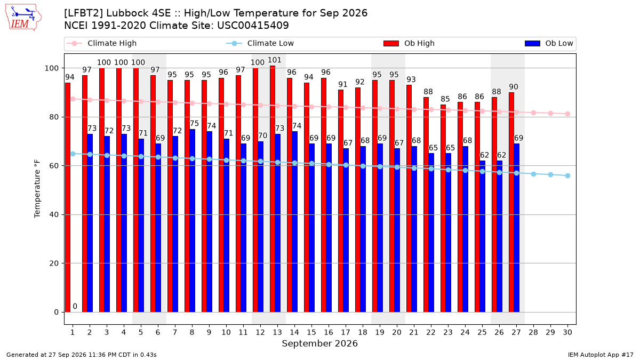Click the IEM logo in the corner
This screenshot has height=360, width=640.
coord(23,17)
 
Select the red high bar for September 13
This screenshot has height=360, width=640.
coord(273,189)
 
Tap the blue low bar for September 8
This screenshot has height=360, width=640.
coord(193,221)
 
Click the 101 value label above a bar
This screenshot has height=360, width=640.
coord(275,60)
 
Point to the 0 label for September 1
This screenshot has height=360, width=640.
coord(75,306)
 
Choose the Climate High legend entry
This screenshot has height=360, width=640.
coord(102,43)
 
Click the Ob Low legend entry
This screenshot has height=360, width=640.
coord(549,43)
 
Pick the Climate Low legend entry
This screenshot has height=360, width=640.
coord(260,43)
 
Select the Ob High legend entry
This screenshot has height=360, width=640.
coord(409,43)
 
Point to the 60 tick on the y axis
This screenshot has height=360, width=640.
coord(54,166)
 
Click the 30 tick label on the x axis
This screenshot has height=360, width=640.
coord(567,332)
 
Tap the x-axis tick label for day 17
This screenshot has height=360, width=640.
coord(346,332)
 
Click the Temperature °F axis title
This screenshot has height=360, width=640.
coord(37,189)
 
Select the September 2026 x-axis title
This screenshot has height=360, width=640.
coord(319,343)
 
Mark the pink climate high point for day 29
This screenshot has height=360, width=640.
coord(550,114)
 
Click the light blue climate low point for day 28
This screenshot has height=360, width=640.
coord(533,174)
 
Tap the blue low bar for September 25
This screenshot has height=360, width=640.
coord(482,236)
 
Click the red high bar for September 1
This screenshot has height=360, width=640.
coord(68,197)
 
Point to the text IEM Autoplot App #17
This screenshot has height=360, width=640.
coord(601,355)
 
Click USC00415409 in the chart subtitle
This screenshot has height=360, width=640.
coord(253,26)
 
